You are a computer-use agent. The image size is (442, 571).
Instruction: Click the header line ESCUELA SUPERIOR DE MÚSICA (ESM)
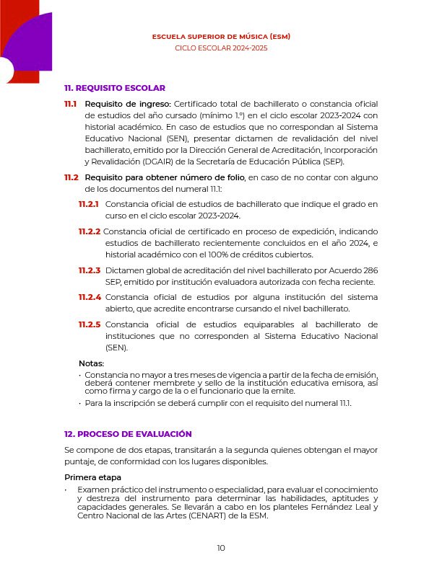(221, 36)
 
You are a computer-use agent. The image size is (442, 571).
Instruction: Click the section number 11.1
(71, 104)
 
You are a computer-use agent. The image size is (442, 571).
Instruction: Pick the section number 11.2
(71, 177)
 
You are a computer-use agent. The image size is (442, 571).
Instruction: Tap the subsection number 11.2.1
(90, 205)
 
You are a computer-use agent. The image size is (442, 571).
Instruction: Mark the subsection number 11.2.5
(90, 324)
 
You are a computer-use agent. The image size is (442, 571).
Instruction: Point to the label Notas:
(91, 363)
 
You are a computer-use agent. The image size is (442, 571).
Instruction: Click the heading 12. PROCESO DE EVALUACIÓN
(128, 434)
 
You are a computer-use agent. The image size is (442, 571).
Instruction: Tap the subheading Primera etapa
(92, 478)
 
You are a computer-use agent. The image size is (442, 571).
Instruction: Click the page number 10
(221, 549)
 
